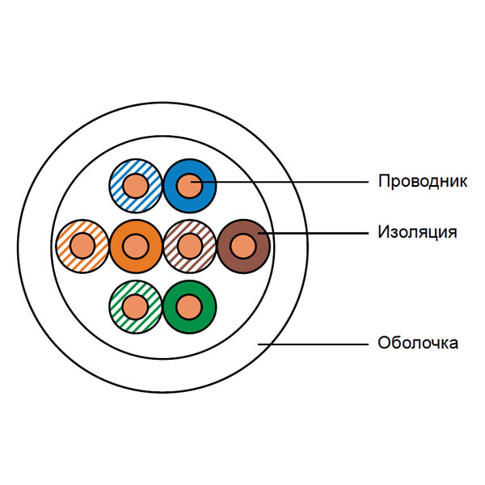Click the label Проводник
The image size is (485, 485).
coord(423,181)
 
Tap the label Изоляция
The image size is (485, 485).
coord(417,232)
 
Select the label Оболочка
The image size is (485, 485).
coord(418,343)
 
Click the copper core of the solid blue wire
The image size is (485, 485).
coord(189,186)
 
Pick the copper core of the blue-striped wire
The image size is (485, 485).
coord(136,186)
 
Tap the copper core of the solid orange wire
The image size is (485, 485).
coord(136,247)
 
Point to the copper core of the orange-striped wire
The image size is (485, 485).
coord(82,247)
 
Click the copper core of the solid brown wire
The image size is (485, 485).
coord(243,247)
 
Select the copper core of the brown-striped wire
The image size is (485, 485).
coord(190,247)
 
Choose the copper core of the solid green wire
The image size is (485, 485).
coord(189,307)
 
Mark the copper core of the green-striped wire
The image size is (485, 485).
coord(135,307)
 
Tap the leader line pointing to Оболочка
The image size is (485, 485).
coord(313,344)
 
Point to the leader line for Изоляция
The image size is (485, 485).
coord(313,233)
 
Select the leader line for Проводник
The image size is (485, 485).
coord(280,182)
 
